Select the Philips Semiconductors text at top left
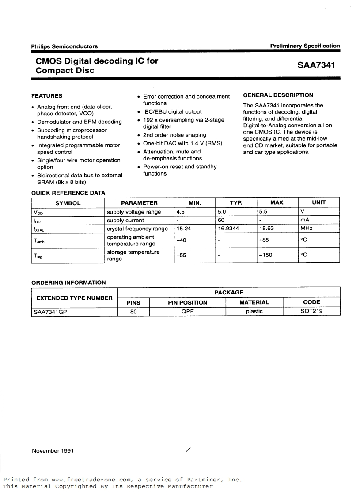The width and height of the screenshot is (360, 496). tap(64, 46)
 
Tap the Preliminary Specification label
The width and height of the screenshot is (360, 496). tap(305, 46)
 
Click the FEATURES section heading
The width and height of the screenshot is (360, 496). tap(47, 95)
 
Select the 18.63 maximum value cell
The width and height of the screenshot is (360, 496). tap(266, 229)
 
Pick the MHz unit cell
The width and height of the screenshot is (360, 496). tap(306, 229)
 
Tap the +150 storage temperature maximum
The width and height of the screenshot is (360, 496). tap(265, 255)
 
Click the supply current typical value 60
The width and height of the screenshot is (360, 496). tap(221, 220)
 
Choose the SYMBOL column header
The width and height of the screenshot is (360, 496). tap(68, 203)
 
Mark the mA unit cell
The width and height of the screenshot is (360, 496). tap(305, 220)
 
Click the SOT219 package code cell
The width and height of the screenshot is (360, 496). tap(311, 311)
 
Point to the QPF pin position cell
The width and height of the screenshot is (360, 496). tap(187, 311)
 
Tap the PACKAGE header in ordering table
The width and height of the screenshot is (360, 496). tap(229, 292)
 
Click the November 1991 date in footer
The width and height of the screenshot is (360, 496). tap(52, 450)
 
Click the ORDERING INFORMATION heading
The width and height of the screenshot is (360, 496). tap(68, 282)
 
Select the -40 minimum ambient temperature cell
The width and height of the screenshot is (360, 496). tap(182, 240)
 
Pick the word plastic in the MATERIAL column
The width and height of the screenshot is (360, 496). tap(254, 311)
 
